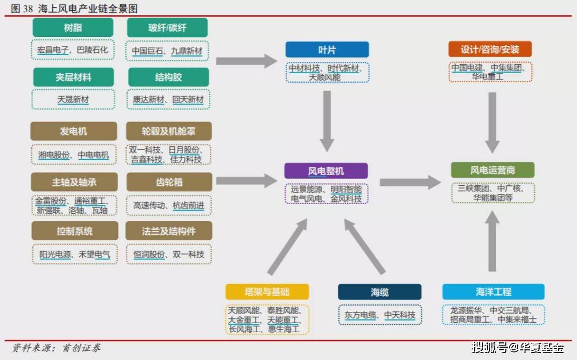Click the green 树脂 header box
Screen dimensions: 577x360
pos(73,28)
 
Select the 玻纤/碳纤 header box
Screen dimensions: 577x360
pos(167,28)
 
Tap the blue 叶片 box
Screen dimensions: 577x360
pos(327,50)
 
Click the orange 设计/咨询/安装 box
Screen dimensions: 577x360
pos(490,49)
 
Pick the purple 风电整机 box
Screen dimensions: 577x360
pos(326,171)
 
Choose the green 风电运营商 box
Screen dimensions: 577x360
pos(493,170)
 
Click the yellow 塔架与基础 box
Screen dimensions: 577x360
pos(267,292)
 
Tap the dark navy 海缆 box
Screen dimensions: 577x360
pos(380,292)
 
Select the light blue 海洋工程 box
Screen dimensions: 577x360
pos(494,292)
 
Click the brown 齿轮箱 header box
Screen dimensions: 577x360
pos(169,182)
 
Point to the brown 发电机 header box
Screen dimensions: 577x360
pos(74,131)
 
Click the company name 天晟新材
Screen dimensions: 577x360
pos(73,99)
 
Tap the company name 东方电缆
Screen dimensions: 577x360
pos(360,315)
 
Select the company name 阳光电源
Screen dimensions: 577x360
pos(55,254)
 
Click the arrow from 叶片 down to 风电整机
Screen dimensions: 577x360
pos(327,121)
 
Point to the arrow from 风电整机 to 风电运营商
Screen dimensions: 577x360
pos(410,182)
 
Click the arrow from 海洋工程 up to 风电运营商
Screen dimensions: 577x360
pos(493,241)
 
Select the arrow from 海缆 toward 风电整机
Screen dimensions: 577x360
pos(364,246)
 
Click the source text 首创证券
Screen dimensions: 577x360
pos(81,348)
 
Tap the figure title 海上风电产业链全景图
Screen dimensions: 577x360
pos(88,9)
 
